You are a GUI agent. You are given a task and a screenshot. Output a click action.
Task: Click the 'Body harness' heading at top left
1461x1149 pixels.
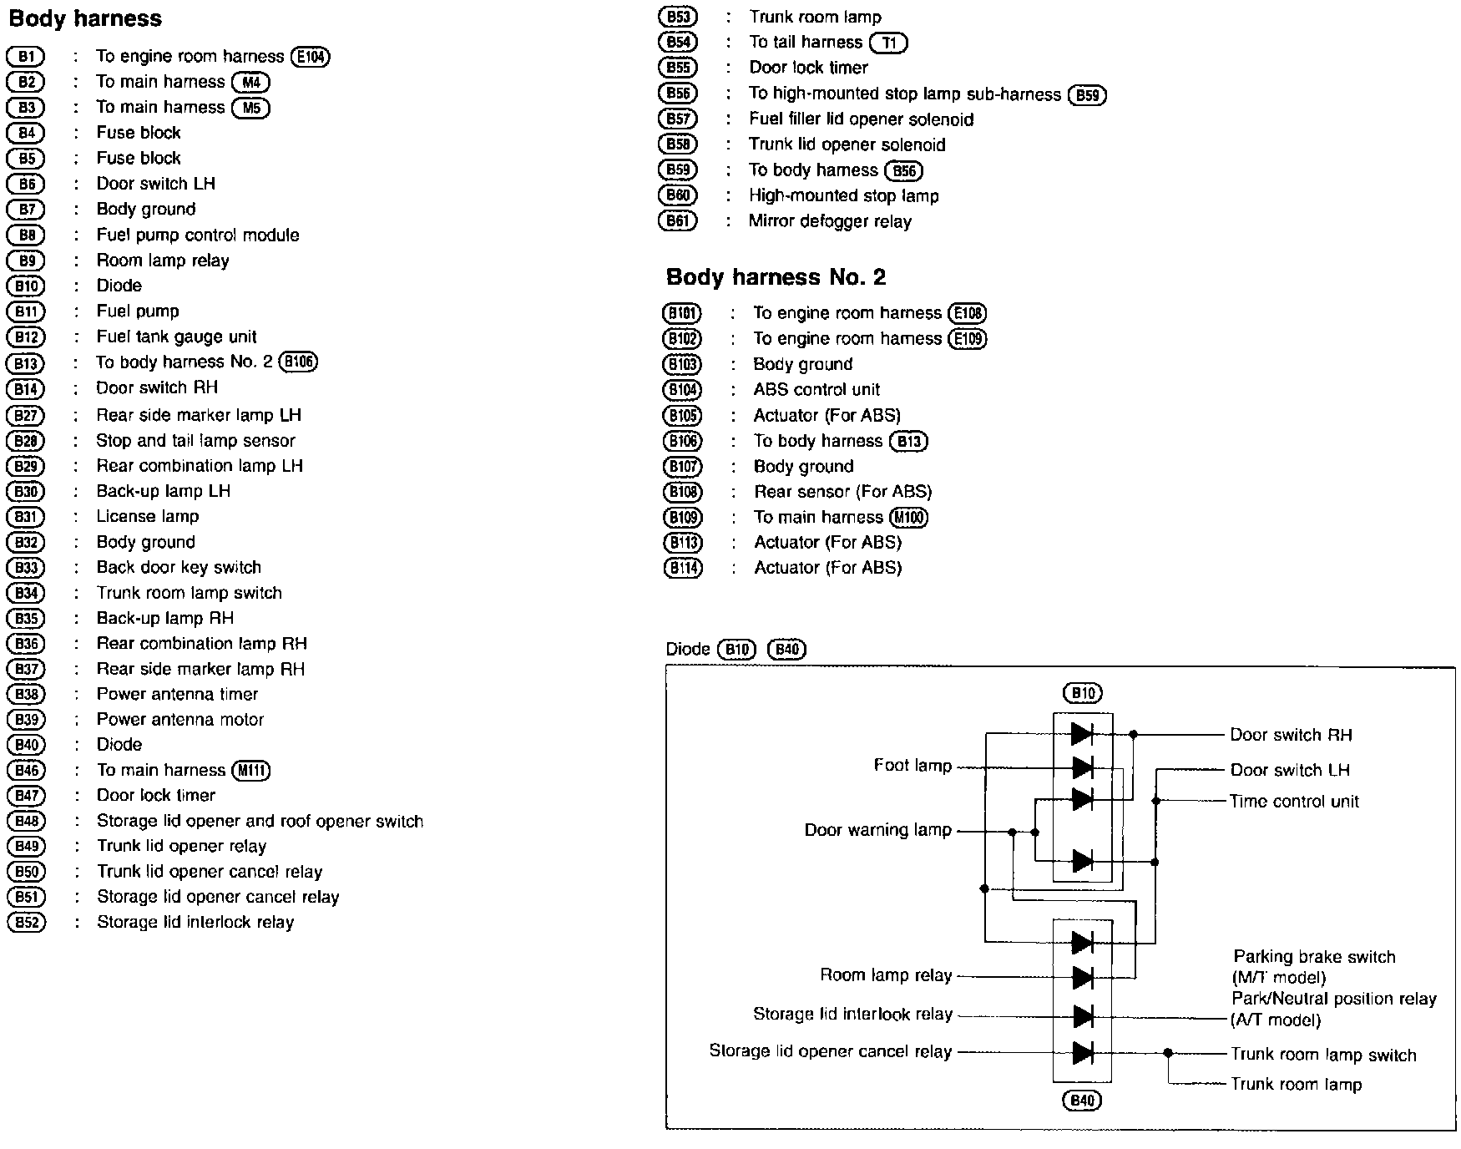(85, 18)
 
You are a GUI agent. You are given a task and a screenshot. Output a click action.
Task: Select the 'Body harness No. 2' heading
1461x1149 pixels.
(776, 277)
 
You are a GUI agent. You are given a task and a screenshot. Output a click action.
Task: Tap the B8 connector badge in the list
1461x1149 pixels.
(26, 235)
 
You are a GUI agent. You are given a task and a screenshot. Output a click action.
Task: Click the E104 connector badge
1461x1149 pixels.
(311, 57)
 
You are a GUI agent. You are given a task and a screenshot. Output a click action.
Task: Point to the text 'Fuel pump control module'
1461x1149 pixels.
(198, 235)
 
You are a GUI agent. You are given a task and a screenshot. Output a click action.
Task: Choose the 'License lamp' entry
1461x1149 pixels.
(148, 516)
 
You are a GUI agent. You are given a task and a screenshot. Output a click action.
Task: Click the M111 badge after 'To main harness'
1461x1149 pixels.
(252, 771)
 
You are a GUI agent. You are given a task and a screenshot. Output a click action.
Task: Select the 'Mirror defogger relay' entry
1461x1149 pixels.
(830, 221)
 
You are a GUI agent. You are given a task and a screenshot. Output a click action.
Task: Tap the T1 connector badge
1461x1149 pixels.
(888, 43)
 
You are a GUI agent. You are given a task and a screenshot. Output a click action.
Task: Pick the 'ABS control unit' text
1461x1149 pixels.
(816, 389)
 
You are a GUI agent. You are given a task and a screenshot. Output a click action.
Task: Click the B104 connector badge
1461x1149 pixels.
(683, 390)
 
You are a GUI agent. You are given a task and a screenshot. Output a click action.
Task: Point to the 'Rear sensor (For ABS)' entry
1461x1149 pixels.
(843, 492)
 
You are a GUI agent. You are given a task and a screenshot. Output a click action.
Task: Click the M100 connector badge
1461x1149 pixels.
(909, 518)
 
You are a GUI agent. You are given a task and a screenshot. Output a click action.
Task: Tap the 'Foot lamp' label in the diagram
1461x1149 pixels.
(912, 766)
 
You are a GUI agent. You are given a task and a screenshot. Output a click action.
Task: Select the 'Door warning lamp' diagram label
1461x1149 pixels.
(878, 830)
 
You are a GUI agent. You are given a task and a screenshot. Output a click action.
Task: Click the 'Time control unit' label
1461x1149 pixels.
(1294, 802)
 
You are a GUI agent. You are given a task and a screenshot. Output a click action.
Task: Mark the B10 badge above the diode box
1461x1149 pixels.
(1083, 693)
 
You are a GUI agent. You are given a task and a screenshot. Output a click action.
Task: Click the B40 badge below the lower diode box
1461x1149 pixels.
(1082, 1101)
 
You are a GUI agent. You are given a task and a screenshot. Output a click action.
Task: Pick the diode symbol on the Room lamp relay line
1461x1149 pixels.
(1083, 977)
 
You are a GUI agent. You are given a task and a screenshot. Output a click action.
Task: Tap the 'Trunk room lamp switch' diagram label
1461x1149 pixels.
(1323, 1055)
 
